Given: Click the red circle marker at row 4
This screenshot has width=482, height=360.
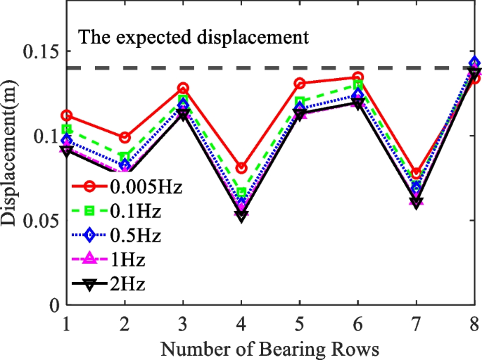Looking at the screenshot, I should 241,168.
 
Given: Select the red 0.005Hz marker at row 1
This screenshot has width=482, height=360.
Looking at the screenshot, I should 67,115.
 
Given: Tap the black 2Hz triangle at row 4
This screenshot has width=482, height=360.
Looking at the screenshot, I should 241,217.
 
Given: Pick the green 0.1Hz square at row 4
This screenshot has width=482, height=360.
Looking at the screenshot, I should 241,192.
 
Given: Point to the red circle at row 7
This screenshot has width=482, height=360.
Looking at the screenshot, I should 416,173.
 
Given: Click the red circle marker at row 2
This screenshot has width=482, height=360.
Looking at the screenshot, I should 125,137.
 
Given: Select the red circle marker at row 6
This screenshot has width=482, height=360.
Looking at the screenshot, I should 357,77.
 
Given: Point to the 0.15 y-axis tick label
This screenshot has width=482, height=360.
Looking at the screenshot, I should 39,52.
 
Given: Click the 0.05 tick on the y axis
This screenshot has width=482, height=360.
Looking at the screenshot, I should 39,221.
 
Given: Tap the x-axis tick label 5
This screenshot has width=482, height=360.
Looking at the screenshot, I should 299,323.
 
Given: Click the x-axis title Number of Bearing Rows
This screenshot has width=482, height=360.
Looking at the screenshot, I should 270,347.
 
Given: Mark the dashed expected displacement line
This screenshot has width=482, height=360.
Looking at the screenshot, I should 281,68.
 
